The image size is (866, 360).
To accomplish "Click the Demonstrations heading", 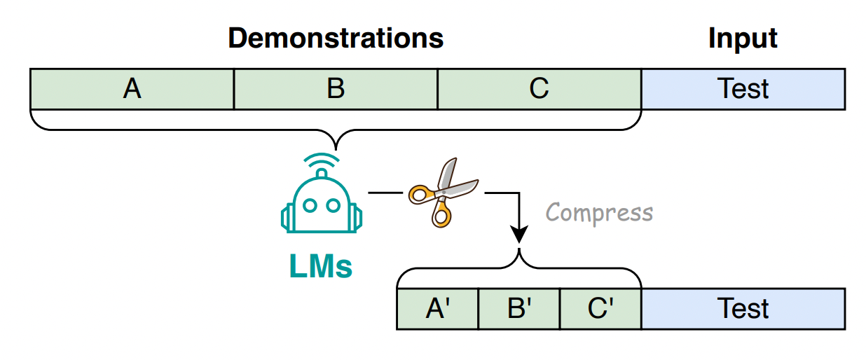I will (x=336, y=38).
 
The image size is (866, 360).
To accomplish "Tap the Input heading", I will (x=743, y=38).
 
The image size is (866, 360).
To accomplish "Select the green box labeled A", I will (x=132, y=89).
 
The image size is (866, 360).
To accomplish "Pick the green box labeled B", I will (x=336, y=89).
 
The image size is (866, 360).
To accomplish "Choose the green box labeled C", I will (x=539, y=89).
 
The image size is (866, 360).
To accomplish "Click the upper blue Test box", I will (x=743, y=89).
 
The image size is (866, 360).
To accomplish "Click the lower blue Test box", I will (x=743, y=309).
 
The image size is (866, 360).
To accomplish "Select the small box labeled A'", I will (x=437, y=309).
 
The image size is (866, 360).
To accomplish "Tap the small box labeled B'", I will (x=518, y=309).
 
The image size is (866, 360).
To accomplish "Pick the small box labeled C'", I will (x=600, y=309).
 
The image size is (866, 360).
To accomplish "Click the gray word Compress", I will (x=599, y=212).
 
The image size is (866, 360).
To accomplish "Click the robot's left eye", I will (x=311, y=206).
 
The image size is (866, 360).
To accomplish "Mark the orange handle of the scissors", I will (x=420, y=192).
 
